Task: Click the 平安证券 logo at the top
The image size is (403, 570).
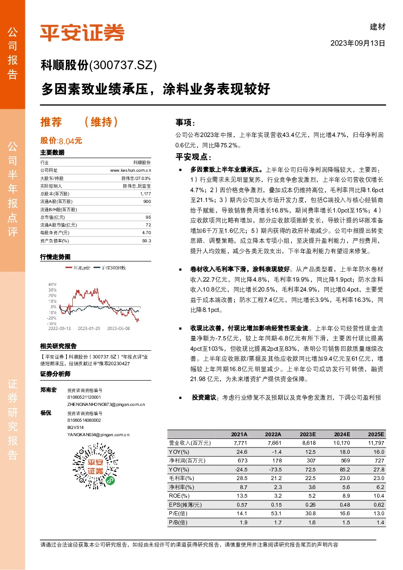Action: point(82,33)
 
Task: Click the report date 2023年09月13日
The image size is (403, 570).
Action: point(358,44)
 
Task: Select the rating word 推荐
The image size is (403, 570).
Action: point(51,122)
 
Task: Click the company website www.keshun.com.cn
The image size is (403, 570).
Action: point(131,170)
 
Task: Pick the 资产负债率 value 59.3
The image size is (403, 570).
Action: point(146,241)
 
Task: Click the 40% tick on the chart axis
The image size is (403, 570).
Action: point(52,284)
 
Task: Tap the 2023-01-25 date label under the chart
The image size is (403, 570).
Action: point(89,329)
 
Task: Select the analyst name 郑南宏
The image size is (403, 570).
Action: point(48,390)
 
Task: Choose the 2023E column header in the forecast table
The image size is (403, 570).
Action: point(308,433)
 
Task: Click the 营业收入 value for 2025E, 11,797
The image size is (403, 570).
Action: point(376,443)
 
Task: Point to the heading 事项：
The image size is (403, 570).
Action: point(186,122)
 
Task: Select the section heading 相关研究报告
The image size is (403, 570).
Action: point(58,346)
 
